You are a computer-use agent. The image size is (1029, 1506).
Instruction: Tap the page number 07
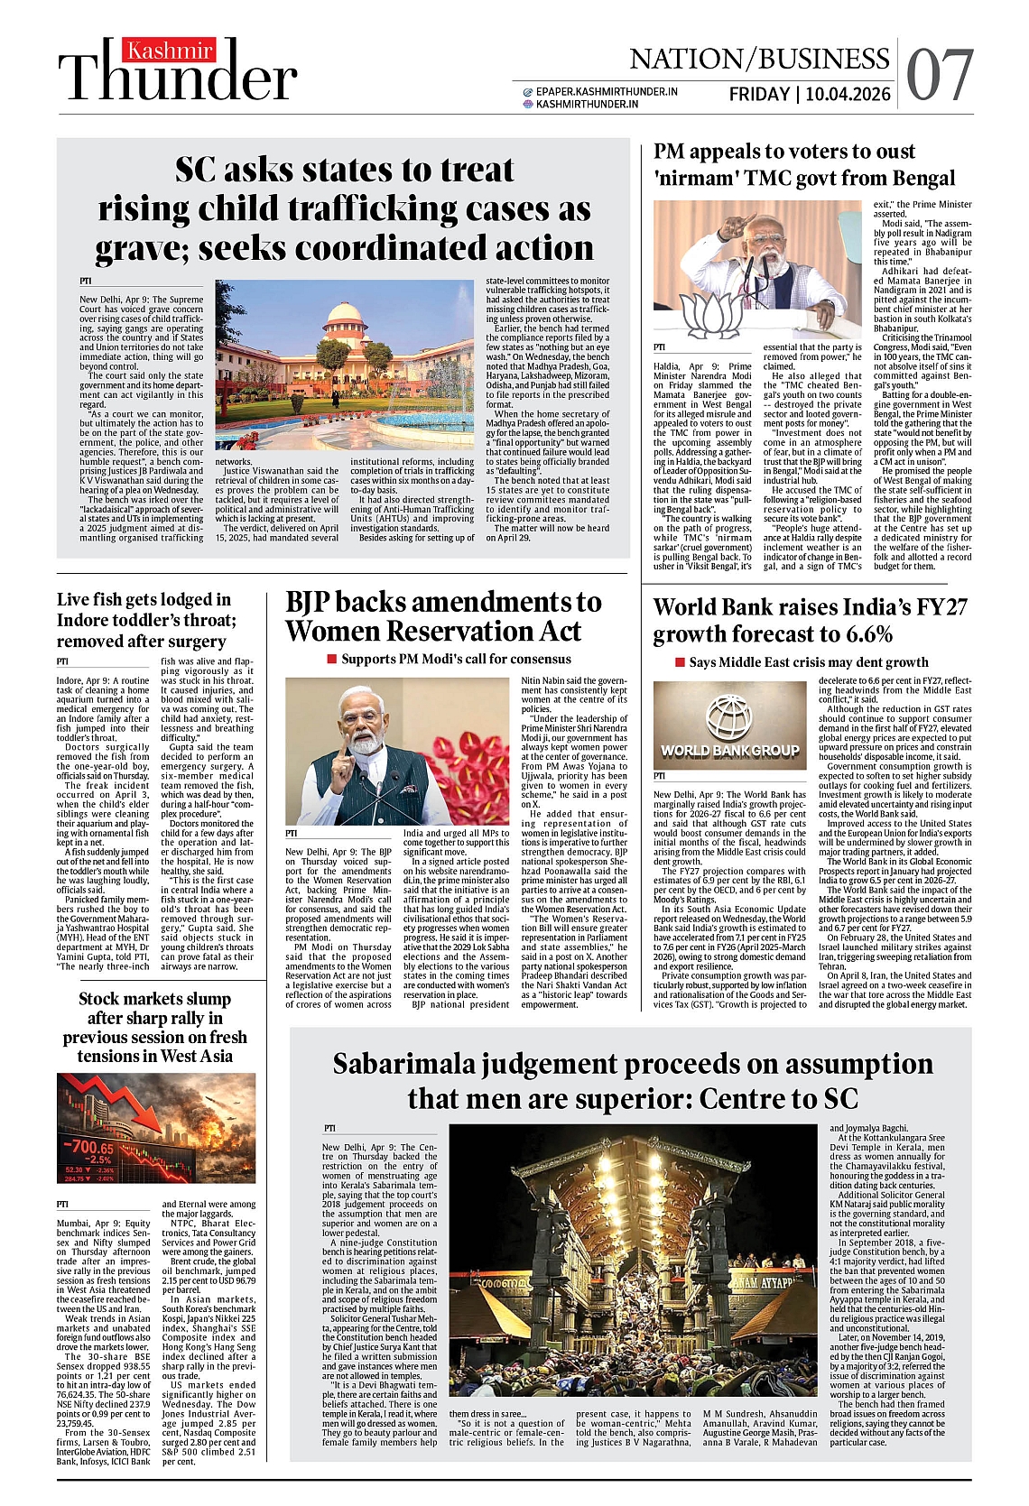pyautogui.click(x=940, y=76)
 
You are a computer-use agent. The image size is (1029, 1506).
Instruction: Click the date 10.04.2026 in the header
pyautogui.click(x=848, y=94)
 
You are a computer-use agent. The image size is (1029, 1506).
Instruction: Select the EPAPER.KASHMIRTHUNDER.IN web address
pyautogui.click(x=606, y=91)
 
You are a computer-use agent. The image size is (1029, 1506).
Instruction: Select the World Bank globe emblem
pyautogui.click(x=728, y=717)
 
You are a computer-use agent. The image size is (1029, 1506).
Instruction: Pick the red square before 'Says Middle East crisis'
pyautogui.click(x=680, y=662)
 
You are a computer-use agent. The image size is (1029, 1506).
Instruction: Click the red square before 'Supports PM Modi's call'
pyautogui.click(x=331, y=659)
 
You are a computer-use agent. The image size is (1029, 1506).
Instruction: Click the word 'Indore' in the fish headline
pyautogui.click(x=85, y=620)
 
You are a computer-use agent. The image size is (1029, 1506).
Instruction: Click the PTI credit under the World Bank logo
pyautogui.click(x=660, y=776)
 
